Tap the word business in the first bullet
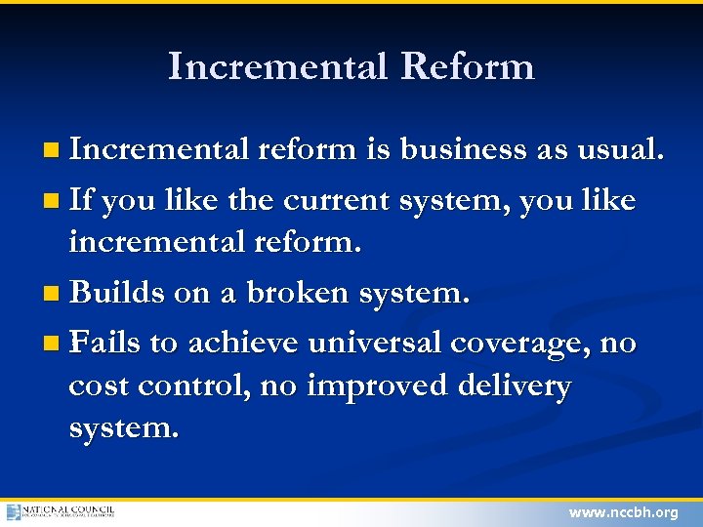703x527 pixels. [x=462, y=150]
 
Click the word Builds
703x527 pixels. [x=117, y=292]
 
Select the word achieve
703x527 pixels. [x=243, y=343]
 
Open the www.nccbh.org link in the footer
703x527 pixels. [x=623, y=512]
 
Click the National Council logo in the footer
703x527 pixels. [x=61, y=511]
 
